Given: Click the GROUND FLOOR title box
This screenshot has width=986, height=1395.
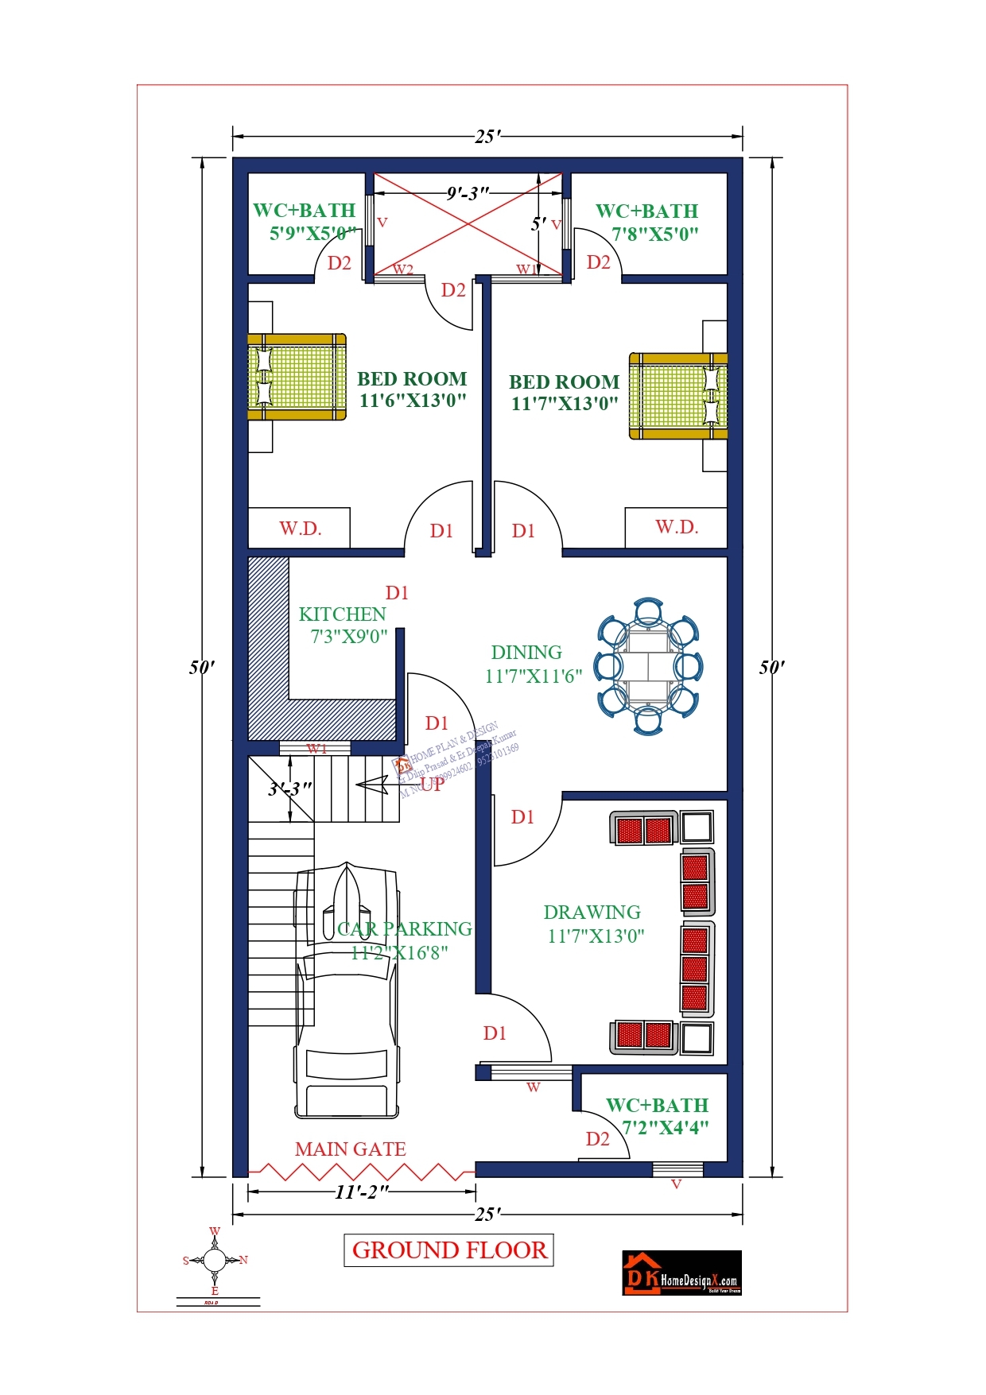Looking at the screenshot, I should [449, 1250].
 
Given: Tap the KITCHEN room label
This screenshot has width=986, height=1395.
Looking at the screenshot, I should [342, 614].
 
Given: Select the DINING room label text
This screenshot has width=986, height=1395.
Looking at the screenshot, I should [526, 653].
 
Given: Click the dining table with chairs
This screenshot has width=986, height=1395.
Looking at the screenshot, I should [649, 666].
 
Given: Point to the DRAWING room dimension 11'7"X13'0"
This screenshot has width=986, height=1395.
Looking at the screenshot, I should [596, 936].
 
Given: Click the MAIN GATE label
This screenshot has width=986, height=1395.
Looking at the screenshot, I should [350, 1149].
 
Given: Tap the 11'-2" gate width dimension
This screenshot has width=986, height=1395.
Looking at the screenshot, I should [362, 1192].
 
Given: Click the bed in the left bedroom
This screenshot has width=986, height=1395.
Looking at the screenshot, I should [296, 377].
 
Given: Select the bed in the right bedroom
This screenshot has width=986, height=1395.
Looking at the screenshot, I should [678, 396].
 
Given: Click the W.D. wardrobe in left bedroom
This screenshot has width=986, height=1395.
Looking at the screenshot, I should [299, 529].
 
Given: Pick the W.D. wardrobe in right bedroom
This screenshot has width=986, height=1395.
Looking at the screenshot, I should [676, 527].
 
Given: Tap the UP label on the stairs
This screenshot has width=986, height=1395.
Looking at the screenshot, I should [432, 785].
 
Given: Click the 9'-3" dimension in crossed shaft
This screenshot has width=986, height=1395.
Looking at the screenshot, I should [467, 193].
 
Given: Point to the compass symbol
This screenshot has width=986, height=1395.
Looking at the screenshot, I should [215, 1260].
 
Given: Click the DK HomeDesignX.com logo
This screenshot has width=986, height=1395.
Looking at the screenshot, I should [681, 1273].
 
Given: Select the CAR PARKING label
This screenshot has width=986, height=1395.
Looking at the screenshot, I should [404, 929].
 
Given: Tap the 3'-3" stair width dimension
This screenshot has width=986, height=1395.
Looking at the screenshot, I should [289, 789].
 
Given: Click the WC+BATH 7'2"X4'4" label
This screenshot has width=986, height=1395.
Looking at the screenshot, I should [657, 1116].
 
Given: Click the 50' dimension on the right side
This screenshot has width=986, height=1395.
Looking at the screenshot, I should [771, 667].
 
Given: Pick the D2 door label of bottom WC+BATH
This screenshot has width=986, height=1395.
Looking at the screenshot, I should [597, 1139].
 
